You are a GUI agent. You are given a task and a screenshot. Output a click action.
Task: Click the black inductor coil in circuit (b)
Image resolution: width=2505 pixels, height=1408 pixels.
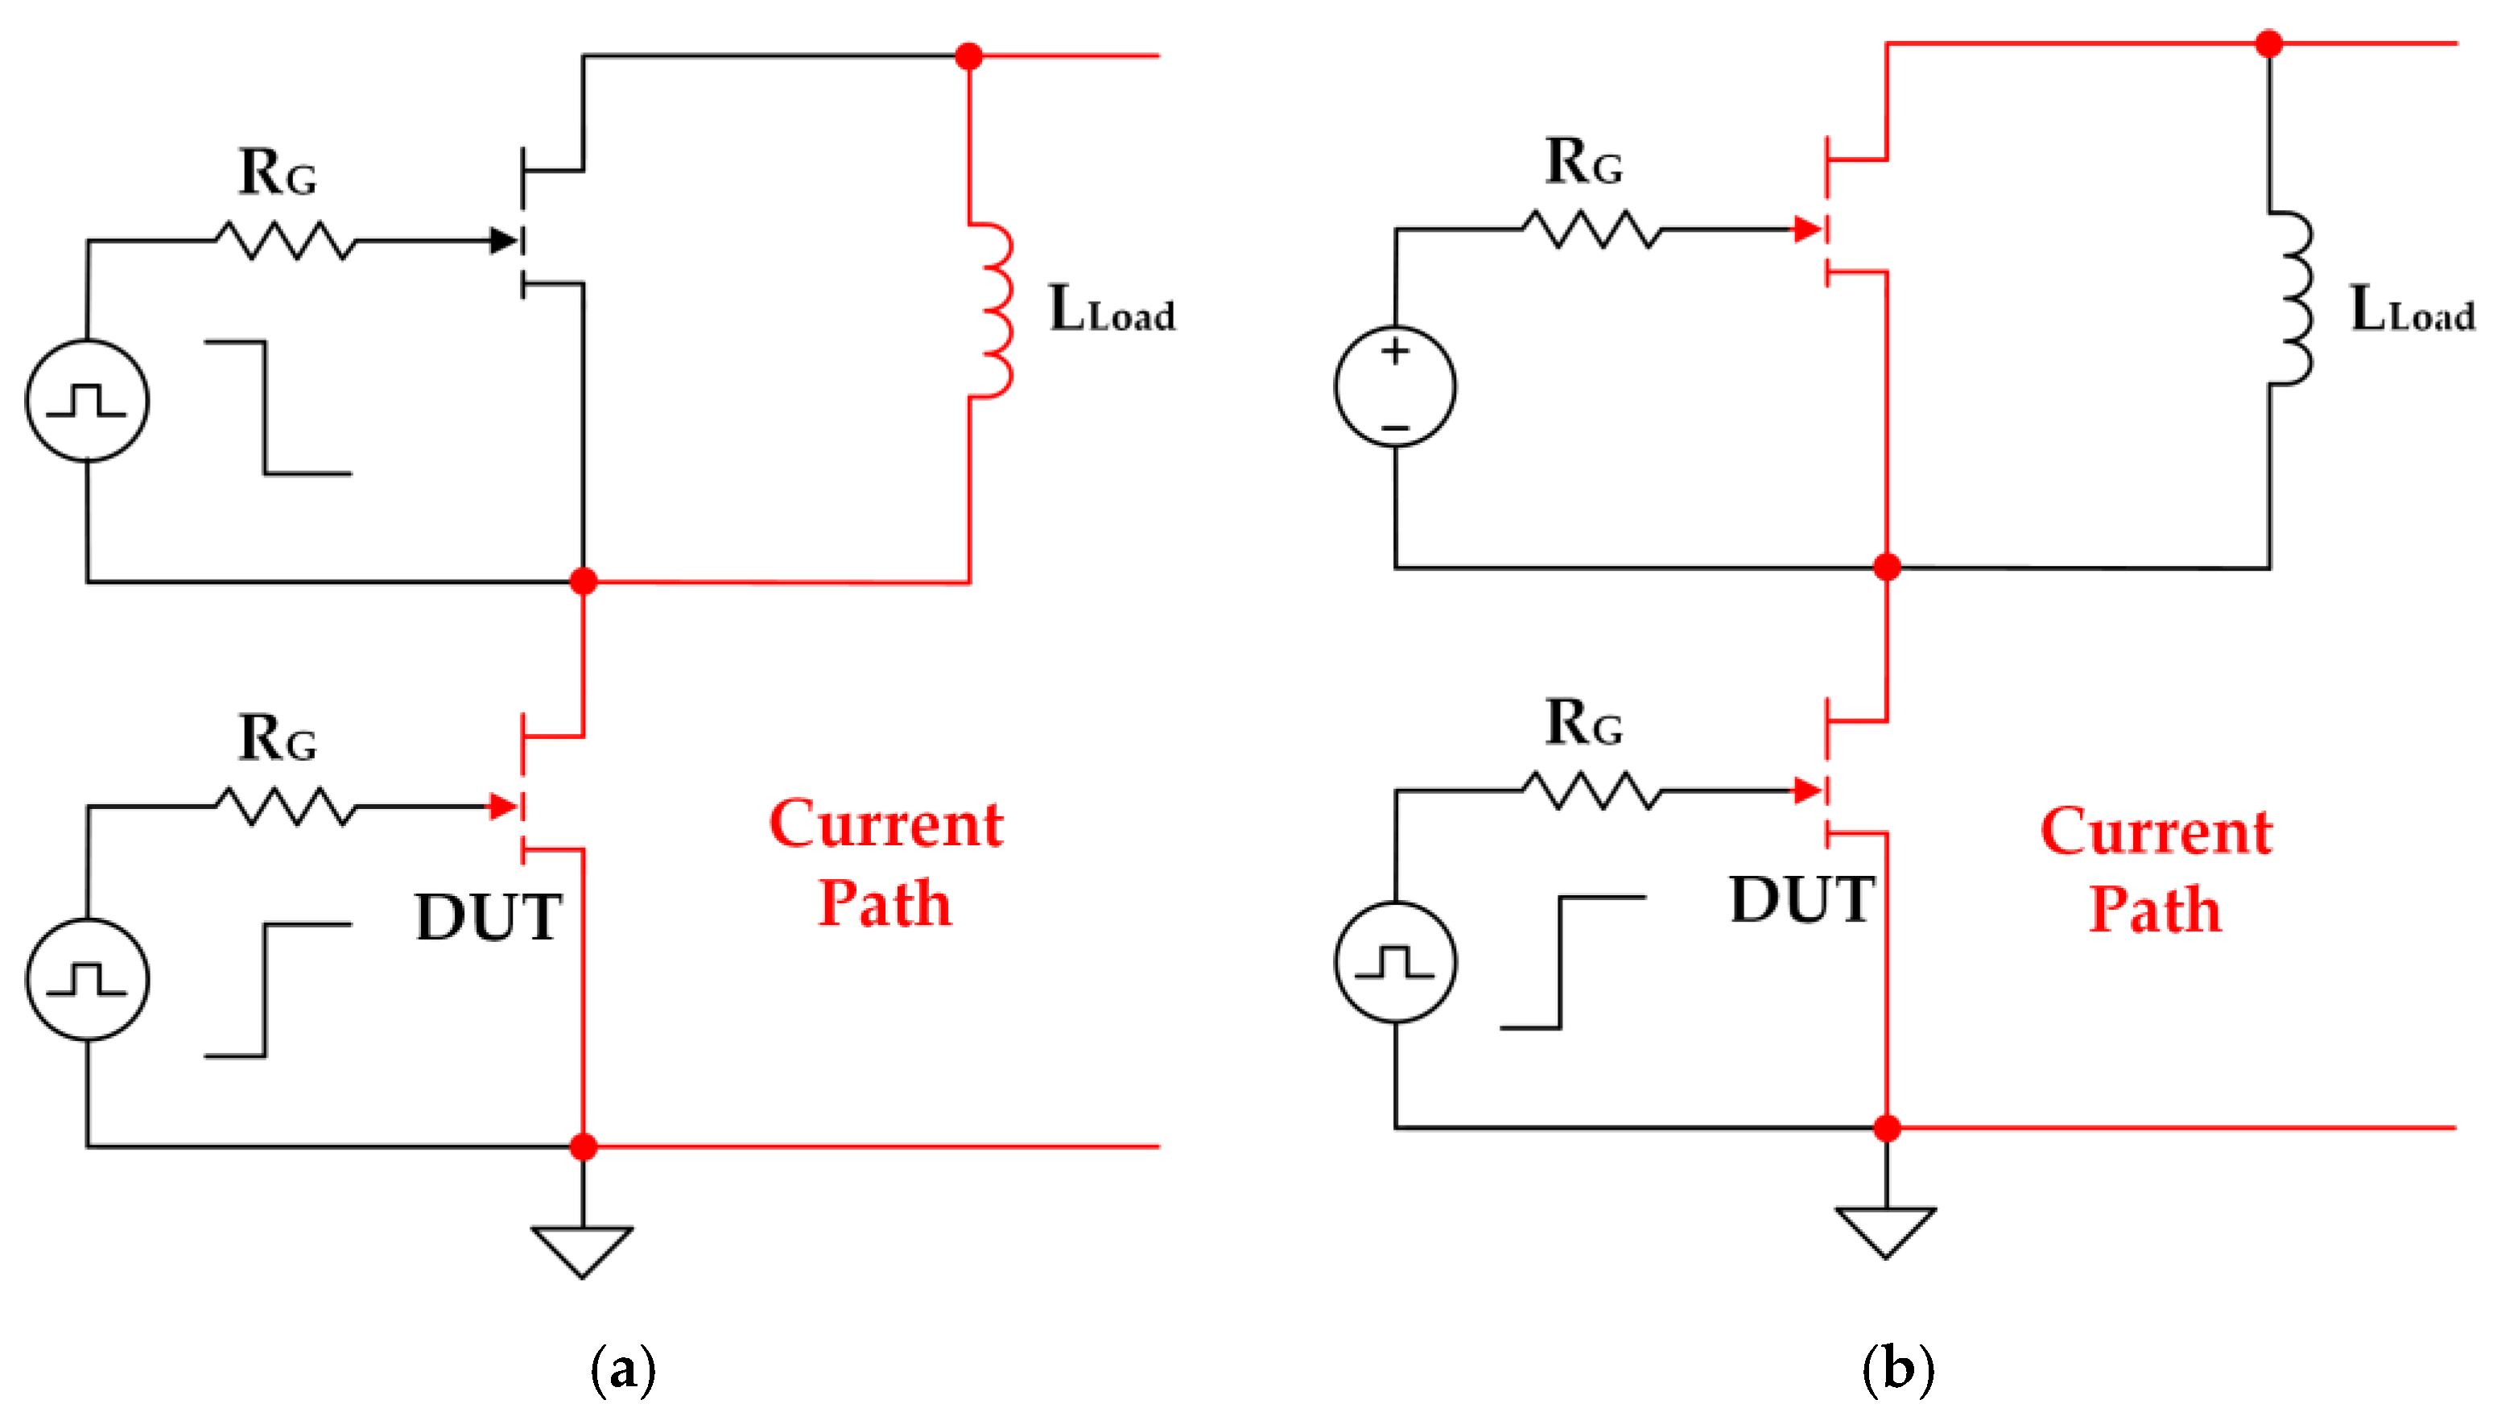click(2293, 299)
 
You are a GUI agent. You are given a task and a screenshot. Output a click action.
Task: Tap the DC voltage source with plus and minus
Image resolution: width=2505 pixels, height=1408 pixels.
click(1396, 387)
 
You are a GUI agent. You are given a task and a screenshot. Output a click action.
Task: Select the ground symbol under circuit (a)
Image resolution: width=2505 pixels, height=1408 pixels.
click(583, 1249)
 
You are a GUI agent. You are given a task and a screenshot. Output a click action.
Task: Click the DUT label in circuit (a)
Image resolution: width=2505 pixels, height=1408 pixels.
click(489, 917)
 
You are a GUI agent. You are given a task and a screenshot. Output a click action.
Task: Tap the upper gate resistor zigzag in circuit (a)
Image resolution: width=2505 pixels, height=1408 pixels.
click(284, 240)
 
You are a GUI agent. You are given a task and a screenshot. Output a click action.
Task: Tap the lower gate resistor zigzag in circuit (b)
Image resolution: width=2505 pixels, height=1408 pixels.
click(1591, 791)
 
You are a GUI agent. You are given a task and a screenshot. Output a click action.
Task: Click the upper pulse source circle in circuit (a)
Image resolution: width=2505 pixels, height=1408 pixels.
click(88, 399)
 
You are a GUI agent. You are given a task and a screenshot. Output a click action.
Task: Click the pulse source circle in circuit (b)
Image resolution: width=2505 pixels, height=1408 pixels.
click(1396, 962)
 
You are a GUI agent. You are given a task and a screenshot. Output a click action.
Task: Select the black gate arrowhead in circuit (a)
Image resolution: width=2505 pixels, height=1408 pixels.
click(504, 240)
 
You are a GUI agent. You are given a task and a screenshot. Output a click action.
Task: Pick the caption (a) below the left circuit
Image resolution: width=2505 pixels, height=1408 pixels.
click(623, 1369)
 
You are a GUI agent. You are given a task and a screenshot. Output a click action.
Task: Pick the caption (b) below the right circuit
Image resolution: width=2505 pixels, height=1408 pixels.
click(1897, 1369)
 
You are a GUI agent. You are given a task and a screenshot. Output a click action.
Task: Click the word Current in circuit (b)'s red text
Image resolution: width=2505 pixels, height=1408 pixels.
click(2156, 832)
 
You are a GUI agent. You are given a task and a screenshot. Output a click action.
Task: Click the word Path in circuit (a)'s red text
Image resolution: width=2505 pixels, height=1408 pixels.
click(884, 903)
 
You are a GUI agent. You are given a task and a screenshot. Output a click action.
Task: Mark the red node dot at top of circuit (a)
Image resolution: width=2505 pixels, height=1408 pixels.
click(968, 56)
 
